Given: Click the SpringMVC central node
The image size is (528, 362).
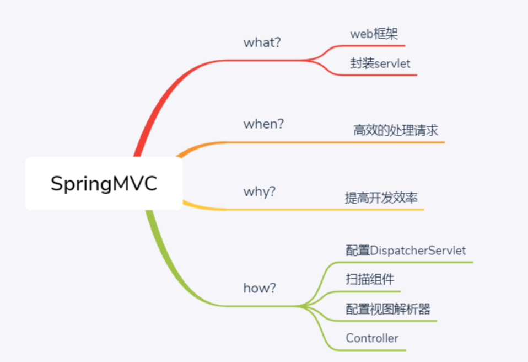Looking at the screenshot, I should pos(104,183).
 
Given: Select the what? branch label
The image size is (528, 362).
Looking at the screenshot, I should pos(262,42).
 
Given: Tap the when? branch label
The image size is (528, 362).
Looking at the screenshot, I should pos(263,124).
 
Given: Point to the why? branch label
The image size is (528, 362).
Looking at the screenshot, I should pos(260,192).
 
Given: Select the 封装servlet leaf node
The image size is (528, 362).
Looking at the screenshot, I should pos(380,63).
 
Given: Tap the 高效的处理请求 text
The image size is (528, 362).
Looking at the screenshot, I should pos(396,131).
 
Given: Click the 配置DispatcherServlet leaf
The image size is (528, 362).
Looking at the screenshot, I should pos(406,251).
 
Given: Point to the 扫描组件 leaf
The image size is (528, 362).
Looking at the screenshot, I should pos(370,279).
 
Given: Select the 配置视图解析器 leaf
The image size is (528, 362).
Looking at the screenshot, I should pos(387,309).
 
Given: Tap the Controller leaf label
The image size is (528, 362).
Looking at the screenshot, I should pos(372,338).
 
